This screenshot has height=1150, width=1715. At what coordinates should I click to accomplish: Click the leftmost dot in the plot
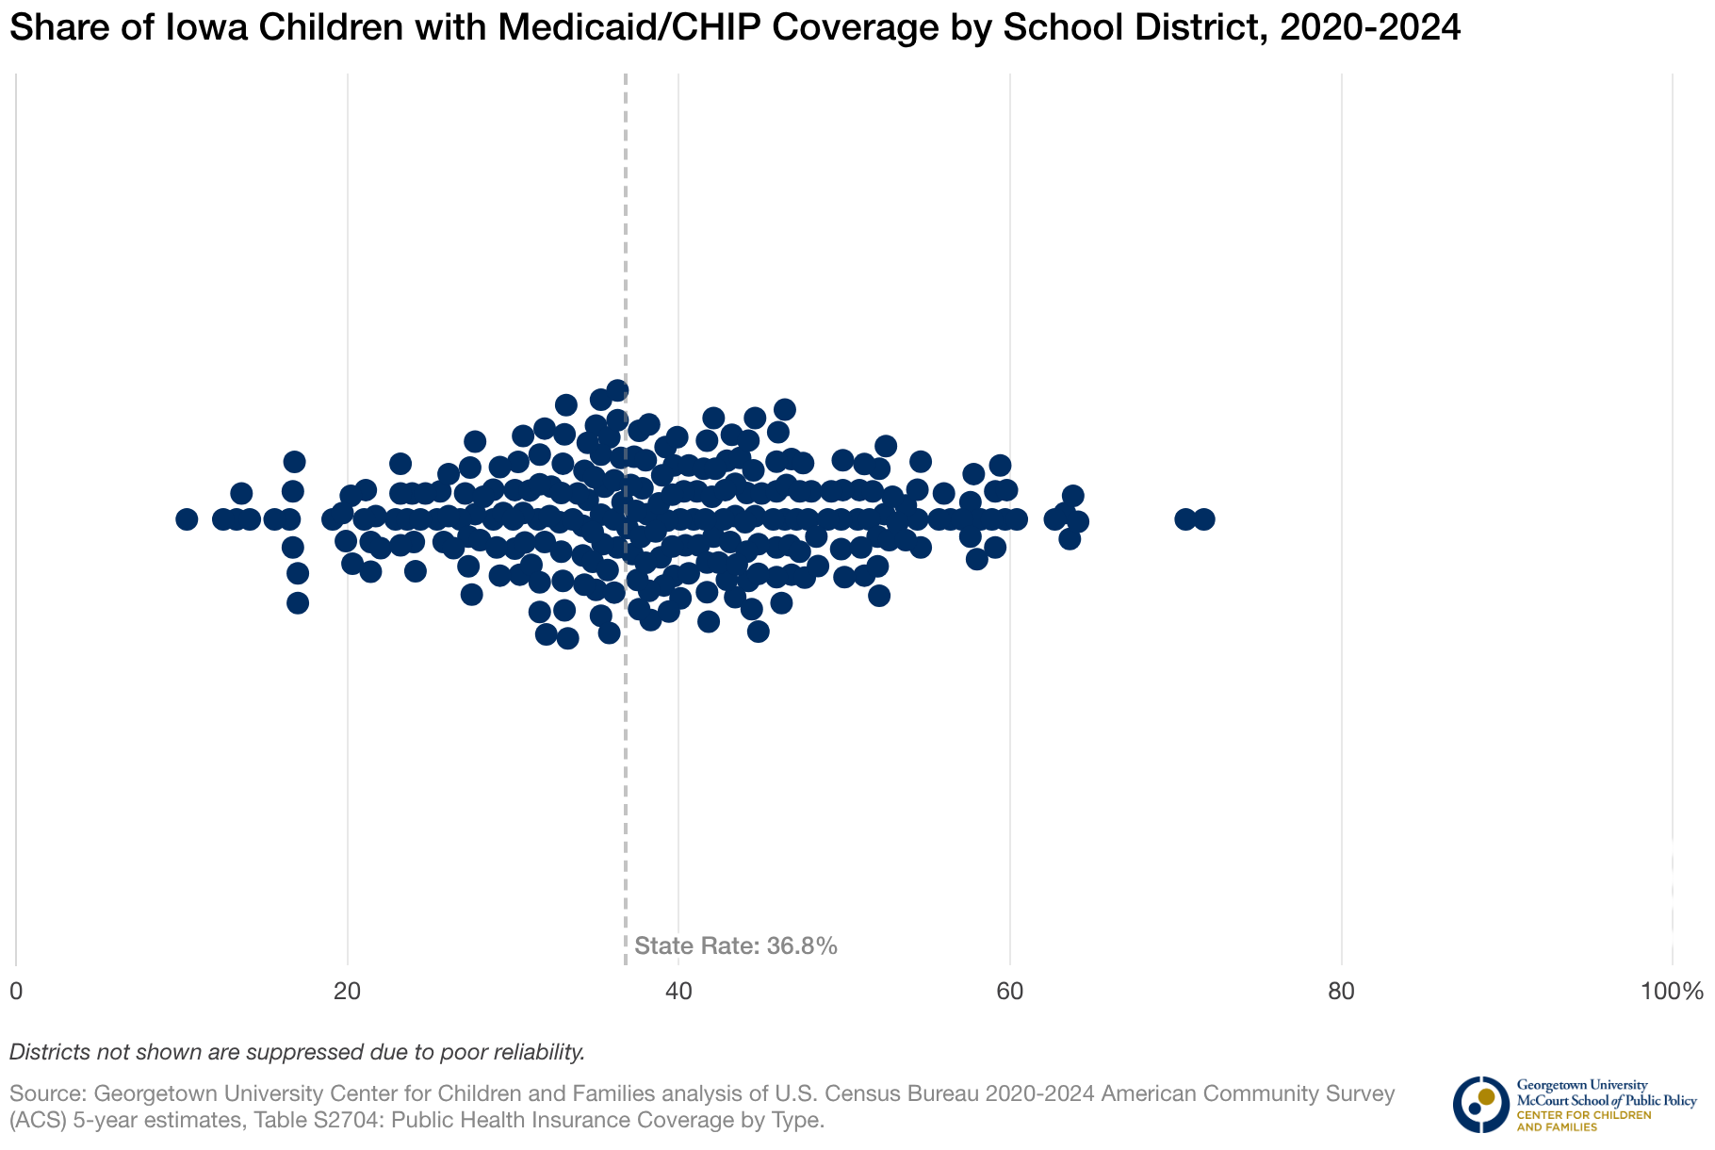(x=187, y=519)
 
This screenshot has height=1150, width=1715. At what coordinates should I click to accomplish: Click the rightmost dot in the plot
(x=1203, y=519)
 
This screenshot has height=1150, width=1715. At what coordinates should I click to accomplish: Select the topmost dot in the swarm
(x=617, y=390)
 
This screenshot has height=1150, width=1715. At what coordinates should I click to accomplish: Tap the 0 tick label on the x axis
(x=16, y=992)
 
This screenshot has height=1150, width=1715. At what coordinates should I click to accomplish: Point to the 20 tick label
(x=348, y=992)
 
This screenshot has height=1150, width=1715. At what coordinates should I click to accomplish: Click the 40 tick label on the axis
(x=678, y=992)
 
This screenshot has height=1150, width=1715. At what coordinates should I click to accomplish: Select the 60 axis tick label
(x=1010, y=992)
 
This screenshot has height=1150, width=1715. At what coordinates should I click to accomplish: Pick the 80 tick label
(x=1341, y=992)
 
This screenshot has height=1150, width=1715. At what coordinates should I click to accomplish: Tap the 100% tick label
(x=1672, y=992)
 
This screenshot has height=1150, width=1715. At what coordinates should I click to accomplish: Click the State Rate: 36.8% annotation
(x=736, y=946)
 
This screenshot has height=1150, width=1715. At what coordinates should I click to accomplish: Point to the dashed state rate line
(x=626, y=754)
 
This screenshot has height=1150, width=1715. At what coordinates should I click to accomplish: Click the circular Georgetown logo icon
(x=1480, y=1104)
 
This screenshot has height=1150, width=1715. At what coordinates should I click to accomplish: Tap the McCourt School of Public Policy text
(x=1606, y=1100)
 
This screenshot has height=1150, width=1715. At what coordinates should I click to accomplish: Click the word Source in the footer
(x=47, y=1094)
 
